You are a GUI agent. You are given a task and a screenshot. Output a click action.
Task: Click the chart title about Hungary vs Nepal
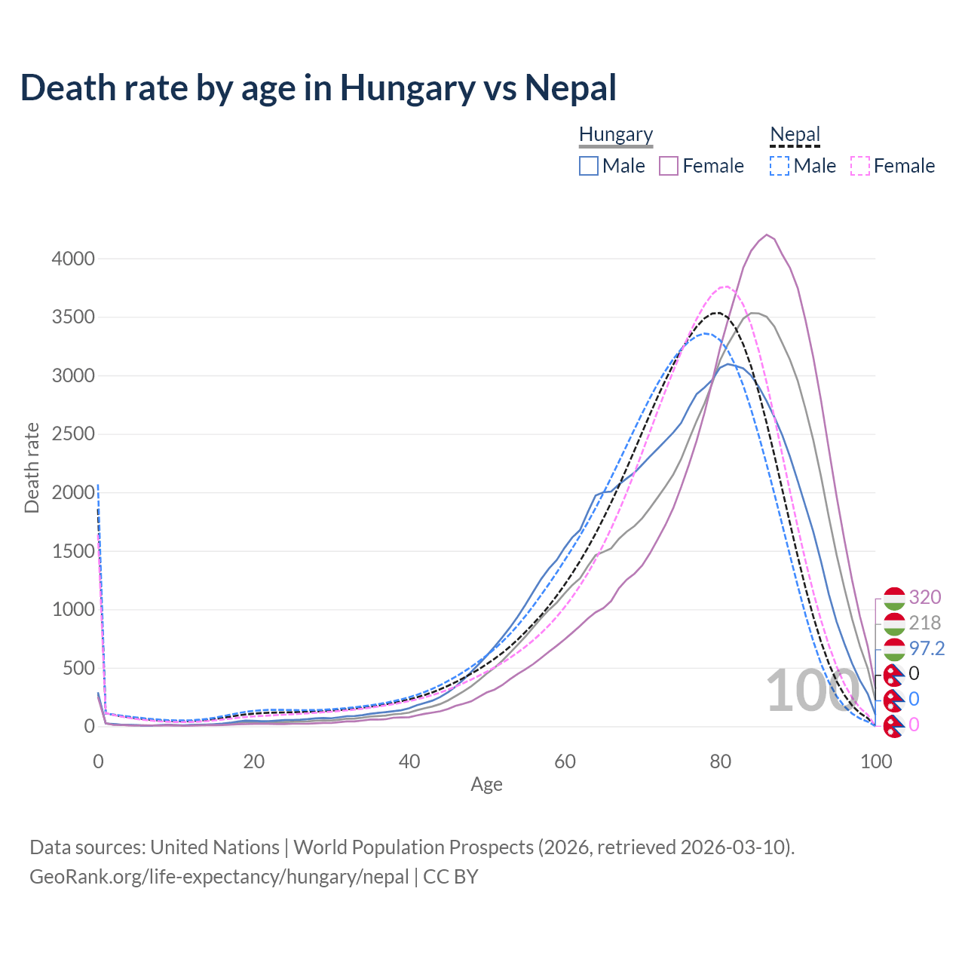[x=318, y=87]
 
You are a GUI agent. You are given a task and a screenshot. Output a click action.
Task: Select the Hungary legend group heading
[x=616, y=135]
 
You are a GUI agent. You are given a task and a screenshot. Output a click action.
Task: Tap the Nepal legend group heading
[x=795, y=135]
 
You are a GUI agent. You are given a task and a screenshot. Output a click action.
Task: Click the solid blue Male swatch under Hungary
[x=589, y=166]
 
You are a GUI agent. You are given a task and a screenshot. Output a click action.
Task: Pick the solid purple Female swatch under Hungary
[x=669, y=166]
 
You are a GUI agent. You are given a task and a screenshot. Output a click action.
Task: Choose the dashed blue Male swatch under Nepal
[x=780, y=166]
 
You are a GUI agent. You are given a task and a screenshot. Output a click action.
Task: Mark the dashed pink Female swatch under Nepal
[x=860, y=166]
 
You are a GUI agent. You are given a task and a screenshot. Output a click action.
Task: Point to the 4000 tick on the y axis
[x=73, y=259]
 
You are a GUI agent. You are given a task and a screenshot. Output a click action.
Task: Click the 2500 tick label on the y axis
[x=73, y=434]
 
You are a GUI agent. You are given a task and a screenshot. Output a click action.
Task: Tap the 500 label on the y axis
[x=78, y=668]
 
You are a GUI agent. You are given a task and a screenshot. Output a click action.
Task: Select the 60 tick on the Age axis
[x=565, y=761]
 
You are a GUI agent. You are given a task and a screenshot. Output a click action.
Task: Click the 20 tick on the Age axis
[x=253, y=761]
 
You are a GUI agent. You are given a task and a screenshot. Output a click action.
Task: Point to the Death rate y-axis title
[x=32, y=467]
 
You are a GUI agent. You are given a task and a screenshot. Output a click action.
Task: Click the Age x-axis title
[x=486, y=784]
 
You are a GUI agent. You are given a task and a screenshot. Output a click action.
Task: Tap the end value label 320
[x=925, y=597]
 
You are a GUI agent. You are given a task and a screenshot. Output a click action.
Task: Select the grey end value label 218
[x=925, y=623]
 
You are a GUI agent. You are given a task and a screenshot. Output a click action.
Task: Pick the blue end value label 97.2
[x=927, y=648]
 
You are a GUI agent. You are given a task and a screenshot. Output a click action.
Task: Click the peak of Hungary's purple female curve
[x=767, y=234]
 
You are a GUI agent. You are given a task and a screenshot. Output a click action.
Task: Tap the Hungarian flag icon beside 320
[x=894, y=598]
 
